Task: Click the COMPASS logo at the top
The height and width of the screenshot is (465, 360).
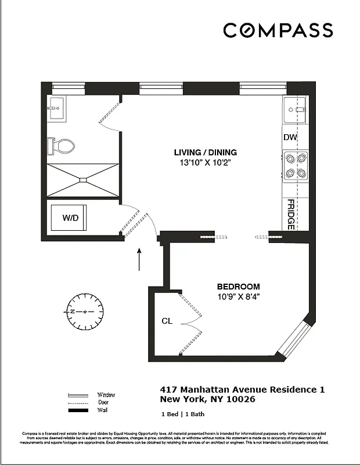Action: click(278, 30)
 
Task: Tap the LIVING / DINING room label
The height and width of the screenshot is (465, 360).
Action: click(206, 153)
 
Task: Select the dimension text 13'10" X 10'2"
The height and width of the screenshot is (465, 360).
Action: click(206, 163)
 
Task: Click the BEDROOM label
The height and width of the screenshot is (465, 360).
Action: click(238, 287)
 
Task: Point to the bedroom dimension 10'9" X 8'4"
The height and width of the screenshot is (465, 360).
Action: click(238, 296)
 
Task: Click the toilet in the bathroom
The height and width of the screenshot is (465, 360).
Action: click(60, 145)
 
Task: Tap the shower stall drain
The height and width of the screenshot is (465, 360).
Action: click(82, 180)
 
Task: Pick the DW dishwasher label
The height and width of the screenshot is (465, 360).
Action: click(290, 138)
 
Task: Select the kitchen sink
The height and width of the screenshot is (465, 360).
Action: click(294, 109)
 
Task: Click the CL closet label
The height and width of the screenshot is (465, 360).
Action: click(167, 321)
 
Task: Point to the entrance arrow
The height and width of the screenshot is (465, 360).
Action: click(139, 259)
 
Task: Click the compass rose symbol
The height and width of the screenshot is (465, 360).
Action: click(85, 312)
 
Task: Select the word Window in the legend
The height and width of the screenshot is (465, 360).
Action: click(106, 395)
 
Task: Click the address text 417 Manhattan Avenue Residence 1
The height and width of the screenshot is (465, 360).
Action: click(242, 389)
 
